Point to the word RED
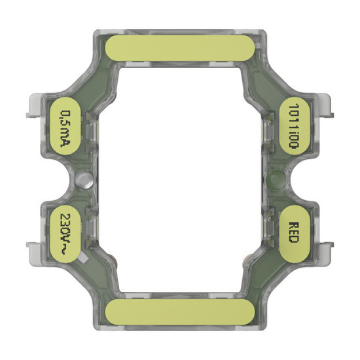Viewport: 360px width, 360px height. point(294,233)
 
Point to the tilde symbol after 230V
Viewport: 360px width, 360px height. point(64,249)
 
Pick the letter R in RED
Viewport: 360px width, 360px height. point(294,224)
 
